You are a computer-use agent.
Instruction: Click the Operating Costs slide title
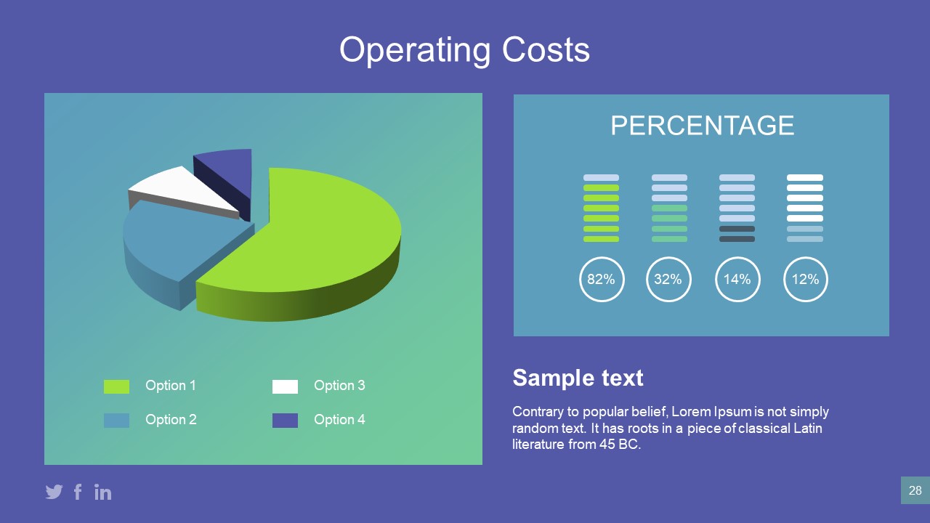464,49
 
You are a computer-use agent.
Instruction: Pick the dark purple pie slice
229,171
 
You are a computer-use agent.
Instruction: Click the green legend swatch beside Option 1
116,386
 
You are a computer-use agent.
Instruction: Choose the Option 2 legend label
171,420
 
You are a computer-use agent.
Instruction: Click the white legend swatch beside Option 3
285,386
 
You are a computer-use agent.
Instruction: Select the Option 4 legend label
339,420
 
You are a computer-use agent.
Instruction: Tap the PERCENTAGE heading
702,126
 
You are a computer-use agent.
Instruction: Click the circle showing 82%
601,279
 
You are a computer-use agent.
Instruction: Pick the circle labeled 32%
668,279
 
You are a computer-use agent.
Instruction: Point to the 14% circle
737,279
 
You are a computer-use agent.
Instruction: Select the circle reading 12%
805,279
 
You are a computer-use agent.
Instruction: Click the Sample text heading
578,378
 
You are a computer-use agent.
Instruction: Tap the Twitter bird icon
54,492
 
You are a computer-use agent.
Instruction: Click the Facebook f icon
78,492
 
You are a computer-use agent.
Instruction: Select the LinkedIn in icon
103,492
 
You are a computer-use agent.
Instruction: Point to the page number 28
915,490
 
